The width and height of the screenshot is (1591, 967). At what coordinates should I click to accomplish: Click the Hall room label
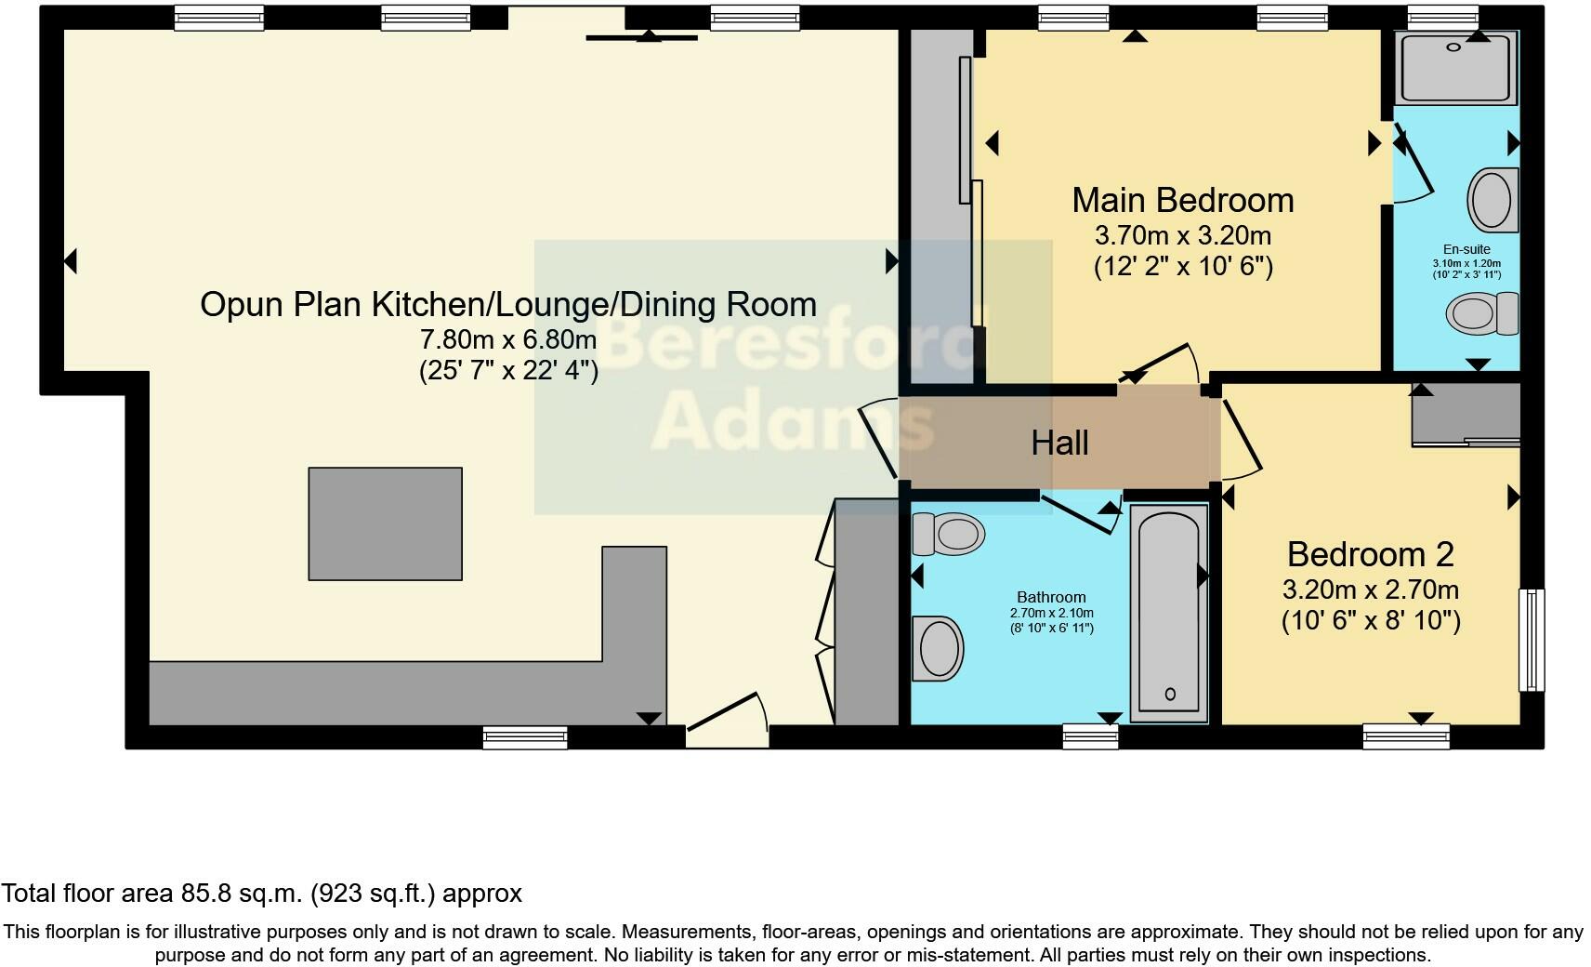1059,444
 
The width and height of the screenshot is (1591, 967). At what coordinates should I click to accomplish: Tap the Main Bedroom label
1182,200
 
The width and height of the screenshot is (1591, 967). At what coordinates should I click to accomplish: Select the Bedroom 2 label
1370,554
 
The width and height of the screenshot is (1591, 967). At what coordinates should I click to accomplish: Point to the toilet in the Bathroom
949,534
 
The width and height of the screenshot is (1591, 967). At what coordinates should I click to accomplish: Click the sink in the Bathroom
938,648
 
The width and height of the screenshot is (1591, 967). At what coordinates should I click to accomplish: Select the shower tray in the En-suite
1457,67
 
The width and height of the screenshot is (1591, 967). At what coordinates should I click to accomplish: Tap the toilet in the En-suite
1483,312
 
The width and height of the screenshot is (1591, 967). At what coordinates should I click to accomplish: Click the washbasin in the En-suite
1492,199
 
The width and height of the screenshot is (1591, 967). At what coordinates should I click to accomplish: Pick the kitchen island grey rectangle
385,523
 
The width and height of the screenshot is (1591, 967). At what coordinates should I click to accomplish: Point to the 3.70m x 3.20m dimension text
1182,235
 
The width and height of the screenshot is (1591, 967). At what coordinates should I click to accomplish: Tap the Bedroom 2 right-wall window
1531,640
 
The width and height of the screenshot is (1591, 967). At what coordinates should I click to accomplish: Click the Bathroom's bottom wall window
1091,736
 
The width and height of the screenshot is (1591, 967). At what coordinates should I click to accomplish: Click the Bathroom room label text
1051,597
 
